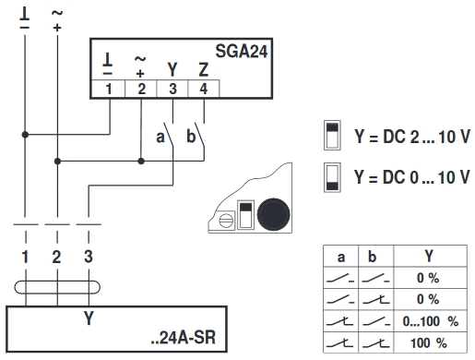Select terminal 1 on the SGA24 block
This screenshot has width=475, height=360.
pos(111,89)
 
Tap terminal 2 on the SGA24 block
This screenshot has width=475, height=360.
pos(141,89)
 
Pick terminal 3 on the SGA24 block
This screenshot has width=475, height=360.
pos(172,89)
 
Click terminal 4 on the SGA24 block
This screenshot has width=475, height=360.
pos(203,89)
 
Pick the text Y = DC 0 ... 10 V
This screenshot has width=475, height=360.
pos(411,176)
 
